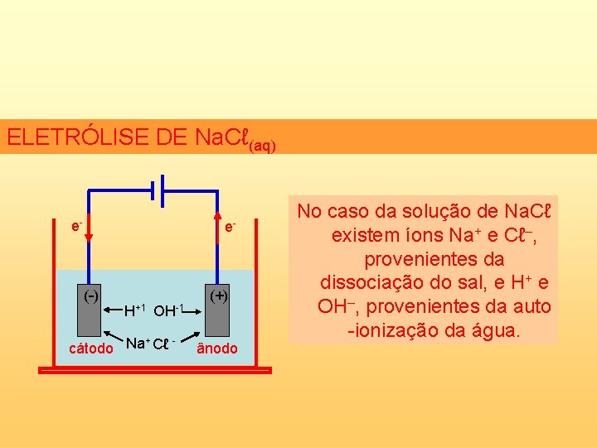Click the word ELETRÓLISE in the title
(76, 137)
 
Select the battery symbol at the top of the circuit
(159, 190)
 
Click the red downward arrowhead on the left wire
(90, 236)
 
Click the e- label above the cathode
(75, 225)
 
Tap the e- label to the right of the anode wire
(230, 225)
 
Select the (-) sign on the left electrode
(90, 296)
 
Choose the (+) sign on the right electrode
(218, 296)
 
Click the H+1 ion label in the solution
(134, 311)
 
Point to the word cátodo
(90, 348)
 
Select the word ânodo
(216, 348)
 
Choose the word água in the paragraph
(494, 331)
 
